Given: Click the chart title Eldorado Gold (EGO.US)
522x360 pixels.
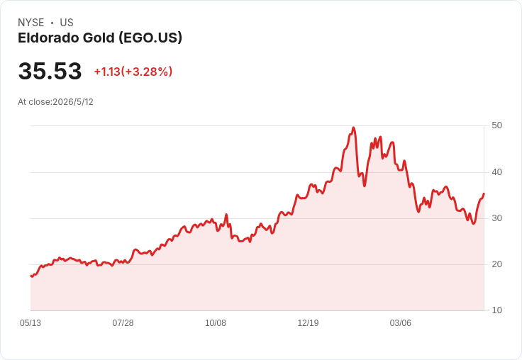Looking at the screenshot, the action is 100,38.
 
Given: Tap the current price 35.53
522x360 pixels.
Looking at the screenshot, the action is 50,71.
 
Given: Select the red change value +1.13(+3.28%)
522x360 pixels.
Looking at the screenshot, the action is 133,72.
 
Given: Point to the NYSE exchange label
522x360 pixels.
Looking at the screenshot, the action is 31,23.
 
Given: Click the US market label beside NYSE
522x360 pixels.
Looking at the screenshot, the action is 67,23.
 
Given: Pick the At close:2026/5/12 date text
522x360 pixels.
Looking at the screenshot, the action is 55,102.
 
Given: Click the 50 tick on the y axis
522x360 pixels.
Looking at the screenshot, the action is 496,125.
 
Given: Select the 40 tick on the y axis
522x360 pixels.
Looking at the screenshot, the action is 496,172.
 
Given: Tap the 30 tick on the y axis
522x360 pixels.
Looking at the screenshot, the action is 496,218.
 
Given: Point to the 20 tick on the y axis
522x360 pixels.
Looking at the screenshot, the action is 496,264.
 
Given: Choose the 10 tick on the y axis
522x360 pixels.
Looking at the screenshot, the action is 496,310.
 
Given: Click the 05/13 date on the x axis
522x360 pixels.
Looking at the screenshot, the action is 30,323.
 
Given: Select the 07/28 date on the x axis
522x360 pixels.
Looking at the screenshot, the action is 123,323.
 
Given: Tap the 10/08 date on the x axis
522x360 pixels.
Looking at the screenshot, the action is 216,323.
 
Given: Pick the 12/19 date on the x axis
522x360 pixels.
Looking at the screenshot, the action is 308,323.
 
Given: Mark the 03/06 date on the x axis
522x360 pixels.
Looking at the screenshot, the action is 401,323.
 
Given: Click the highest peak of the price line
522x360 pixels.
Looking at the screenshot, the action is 353,128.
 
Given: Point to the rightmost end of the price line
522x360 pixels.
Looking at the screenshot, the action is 484,193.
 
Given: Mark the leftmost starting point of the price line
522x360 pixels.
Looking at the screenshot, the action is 31,276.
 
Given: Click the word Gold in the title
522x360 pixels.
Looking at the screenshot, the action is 99,38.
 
